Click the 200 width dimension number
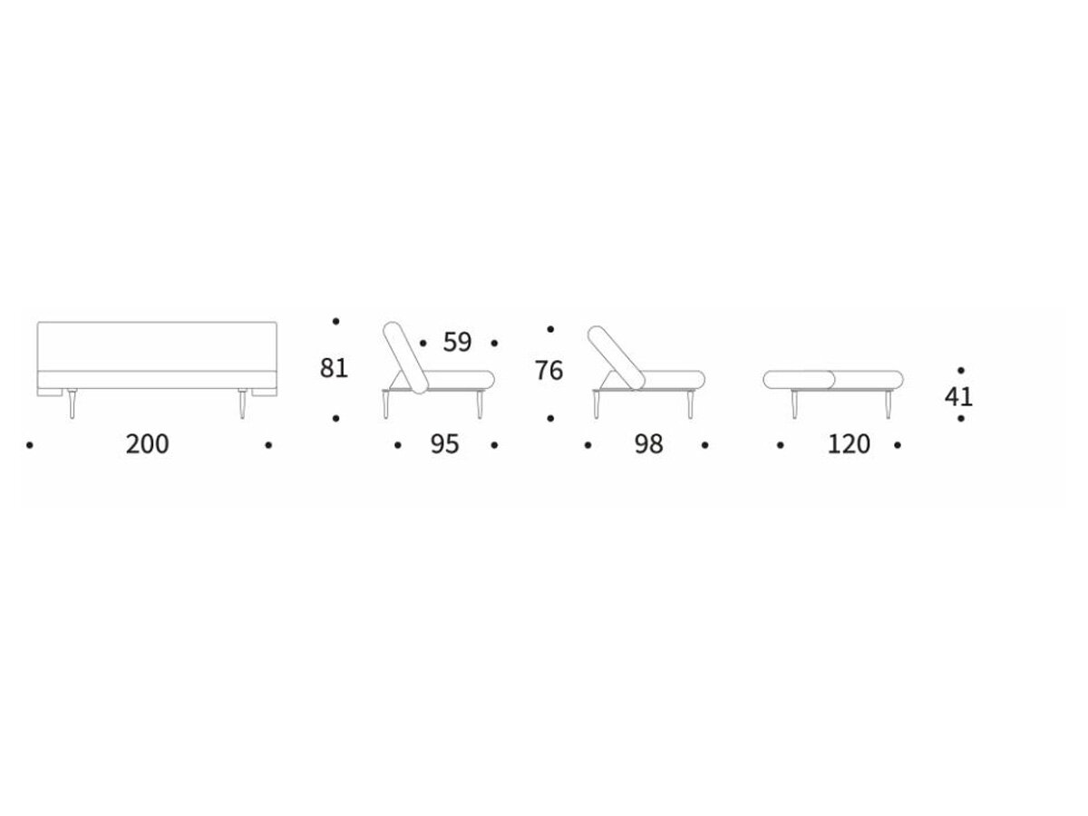coord(147,444)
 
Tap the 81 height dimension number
coord(334,368)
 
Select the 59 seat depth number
coord(457,342)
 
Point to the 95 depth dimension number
coord(444,444)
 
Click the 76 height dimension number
coord(549,371)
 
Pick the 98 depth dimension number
coord(649,444)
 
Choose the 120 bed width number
coord(849,444)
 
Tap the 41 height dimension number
coord(958,396)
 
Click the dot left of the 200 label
coord(30,445)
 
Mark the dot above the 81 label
coord(335,322)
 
